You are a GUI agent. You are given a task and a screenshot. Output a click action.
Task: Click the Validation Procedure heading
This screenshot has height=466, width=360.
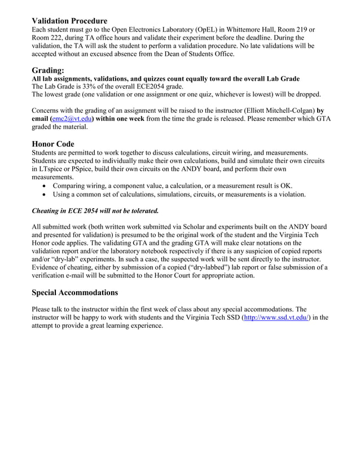pos(69,21)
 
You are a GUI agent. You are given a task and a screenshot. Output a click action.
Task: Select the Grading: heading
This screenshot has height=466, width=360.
pos(48,70)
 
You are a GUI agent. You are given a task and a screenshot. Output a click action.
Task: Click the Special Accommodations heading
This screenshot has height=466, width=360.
pos(74,292)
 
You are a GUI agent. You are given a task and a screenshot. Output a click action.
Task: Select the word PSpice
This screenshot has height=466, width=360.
pos(87,169)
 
